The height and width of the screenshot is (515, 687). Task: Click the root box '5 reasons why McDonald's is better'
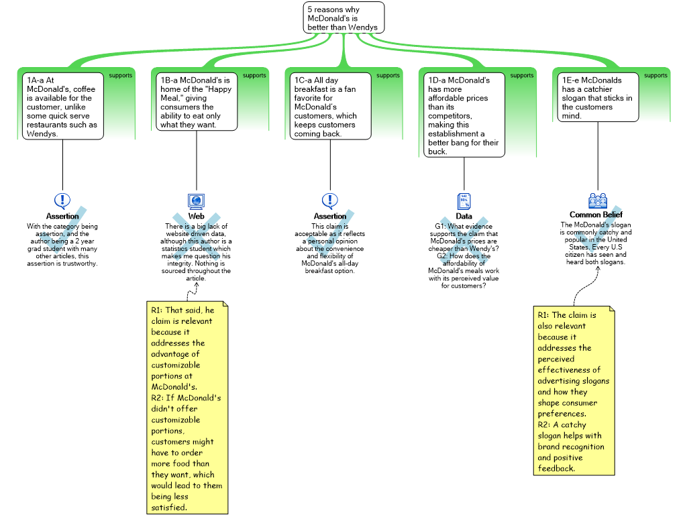pos(343,18)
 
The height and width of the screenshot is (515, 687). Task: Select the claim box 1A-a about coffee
pos(63,106)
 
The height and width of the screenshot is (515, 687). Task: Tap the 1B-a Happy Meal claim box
pos(197,101)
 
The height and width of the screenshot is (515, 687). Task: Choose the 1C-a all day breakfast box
pos(330,106)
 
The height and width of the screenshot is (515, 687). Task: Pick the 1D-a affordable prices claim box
pos(464,115)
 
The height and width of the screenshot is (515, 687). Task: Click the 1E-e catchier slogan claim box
pos(598,97)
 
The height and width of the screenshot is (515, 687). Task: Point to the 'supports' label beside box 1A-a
pos(121,76)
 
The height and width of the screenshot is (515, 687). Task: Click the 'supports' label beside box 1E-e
pos(655,76)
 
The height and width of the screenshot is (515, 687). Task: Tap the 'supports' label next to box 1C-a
pos(388,76)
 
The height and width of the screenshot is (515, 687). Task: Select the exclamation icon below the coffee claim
pos(62,200)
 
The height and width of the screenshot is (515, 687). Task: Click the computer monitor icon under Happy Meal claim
pos(196,201)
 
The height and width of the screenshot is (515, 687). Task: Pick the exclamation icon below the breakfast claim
pos(330,200)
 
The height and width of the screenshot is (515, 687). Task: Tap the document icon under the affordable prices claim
pos(464,201)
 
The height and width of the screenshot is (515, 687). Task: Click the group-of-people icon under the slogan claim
pos(597,200)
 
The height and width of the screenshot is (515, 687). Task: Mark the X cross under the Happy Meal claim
pos(196,236)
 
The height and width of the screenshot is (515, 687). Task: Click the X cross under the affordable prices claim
pos(464,240)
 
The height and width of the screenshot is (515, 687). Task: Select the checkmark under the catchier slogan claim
pos(597,230)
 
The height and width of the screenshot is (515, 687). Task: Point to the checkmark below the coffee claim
pos(62,232)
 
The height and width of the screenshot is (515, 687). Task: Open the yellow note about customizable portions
pos(188,408)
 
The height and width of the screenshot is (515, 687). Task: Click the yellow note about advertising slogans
pos(574,391)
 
